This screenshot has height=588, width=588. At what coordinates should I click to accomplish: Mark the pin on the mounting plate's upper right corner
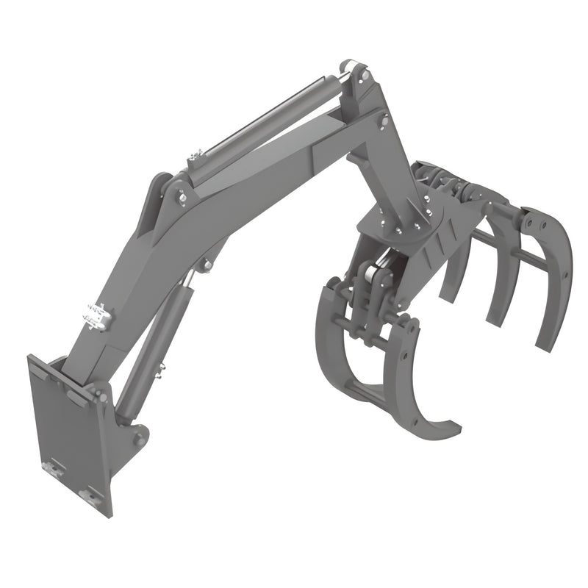pyautogui.click(x=80, y=396)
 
